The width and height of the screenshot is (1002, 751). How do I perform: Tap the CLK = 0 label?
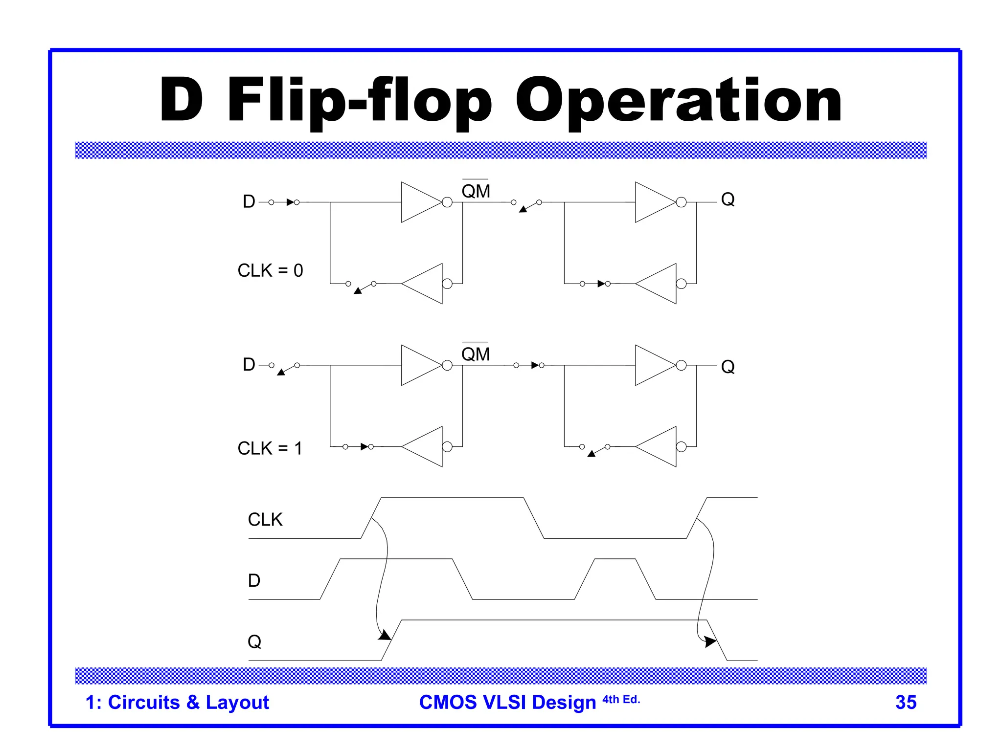[x=270, y=270]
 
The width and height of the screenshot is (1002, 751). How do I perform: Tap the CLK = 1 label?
[x=270, y=448]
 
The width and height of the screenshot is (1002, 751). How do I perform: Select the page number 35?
[x=906, y=702]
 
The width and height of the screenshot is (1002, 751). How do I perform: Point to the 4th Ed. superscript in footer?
[x=621, y=700]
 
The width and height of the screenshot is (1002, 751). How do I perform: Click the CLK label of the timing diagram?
[x=265, y=519]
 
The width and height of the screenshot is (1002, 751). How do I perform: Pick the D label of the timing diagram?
[x=254, y=580]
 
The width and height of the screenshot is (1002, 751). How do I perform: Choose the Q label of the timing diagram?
[x=254, y=641]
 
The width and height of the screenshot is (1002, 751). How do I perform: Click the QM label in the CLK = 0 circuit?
[x=476, y=191]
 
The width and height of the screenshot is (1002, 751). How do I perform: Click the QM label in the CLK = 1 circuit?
[x=476, y=354]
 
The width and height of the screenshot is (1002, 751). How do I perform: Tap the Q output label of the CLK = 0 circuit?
[x=728, y=199]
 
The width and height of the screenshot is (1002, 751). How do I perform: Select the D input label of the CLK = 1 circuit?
[x=249, y=365]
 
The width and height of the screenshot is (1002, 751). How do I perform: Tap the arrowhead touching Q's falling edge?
[x=710, y=641]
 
